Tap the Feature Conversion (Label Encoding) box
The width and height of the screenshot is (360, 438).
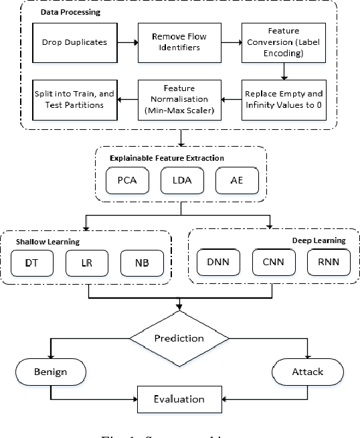coord(284,42)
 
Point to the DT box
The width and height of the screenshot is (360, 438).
coord(31,263)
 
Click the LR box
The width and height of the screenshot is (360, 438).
coord(85,263)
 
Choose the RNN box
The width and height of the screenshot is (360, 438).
coord(329,263)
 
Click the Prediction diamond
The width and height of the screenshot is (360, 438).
coord(178,338)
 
